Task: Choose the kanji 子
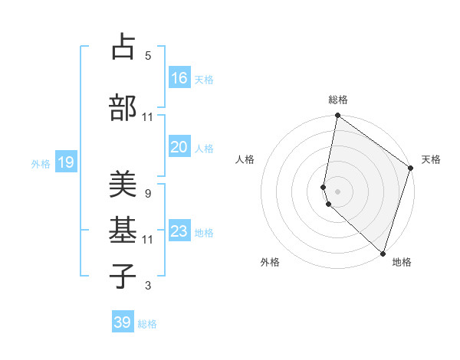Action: coord(123,275)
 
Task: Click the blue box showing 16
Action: coord(179,78)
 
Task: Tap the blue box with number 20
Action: coord(179,148)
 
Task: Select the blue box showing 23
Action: coord(179,231)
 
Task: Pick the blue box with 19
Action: coord(65,162)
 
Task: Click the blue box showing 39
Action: coord(123,322)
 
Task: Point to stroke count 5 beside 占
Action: coord(148,55)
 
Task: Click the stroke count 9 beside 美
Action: coord(148,193)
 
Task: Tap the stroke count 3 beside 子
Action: coord(148,286)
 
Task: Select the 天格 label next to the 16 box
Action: coord(204,80)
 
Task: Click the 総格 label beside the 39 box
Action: coord(147,324)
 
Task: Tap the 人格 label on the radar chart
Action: coord(245,159)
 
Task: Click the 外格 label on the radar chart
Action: coord(270,262)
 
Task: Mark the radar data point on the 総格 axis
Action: coord(337,116)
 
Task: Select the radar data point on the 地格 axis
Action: coord(383,254)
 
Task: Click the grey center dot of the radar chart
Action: coord(337,190)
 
